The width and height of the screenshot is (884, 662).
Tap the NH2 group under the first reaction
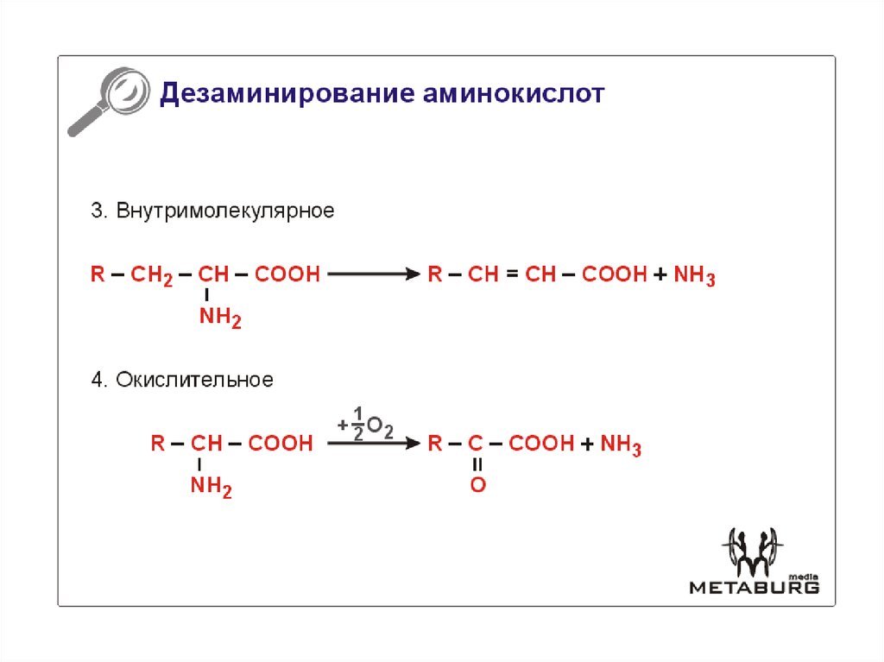tap(220, 318)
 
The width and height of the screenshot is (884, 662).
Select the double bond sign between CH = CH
tap(512, 275)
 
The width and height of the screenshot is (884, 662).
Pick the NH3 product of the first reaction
tap(694, 276)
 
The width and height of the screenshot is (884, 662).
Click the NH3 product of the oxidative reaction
tap(621, 445)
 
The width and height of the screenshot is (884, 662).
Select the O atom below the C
tap(477, 485)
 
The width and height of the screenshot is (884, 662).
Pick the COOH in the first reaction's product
tap(615, 275)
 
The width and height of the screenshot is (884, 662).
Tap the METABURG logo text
tap(754, 587)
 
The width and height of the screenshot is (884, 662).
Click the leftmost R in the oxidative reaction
tap(158, 444)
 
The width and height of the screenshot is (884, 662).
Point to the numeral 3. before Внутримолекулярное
tap(98, 211)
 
